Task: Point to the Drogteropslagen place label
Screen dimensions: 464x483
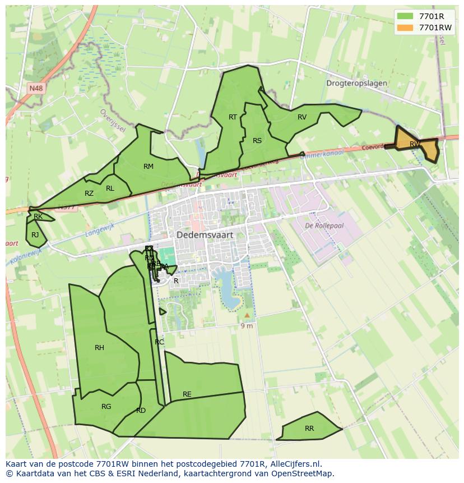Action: (356, 83)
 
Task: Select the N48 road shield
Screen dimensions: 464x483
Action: (36, 88)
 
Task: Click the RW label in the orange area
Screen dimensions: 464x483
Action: (415, 144)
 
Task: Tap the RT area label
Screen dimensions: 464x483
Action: (233, 117)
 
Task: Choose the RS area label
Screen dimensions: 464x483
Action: (257, 141)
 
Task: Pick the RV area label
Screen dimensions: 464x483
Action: (302, 117)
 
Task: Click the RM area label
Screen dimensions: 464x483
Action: (149, 166)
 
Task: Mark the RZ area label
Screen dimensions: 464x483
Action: (89, 194)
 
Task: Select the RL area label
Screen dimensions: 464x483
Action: (110, 188)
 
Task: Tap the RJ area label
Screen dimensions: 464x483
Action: (35, 235)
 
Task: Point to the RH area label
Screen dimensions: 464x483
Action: (99, 348)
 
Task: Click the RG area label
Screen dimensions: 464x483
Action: (106, 407)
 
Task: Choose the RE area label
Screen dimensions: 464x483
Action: (187, 394)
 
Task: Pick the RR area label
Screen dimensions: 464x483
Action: (309, 429)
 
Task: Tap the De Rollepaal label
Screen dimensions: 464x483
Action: (324, 226)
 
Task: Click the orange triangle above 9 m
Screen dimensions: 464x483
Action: (247, 315)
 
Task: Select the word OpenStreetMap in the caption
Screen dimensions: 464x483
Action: (303, 473)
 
